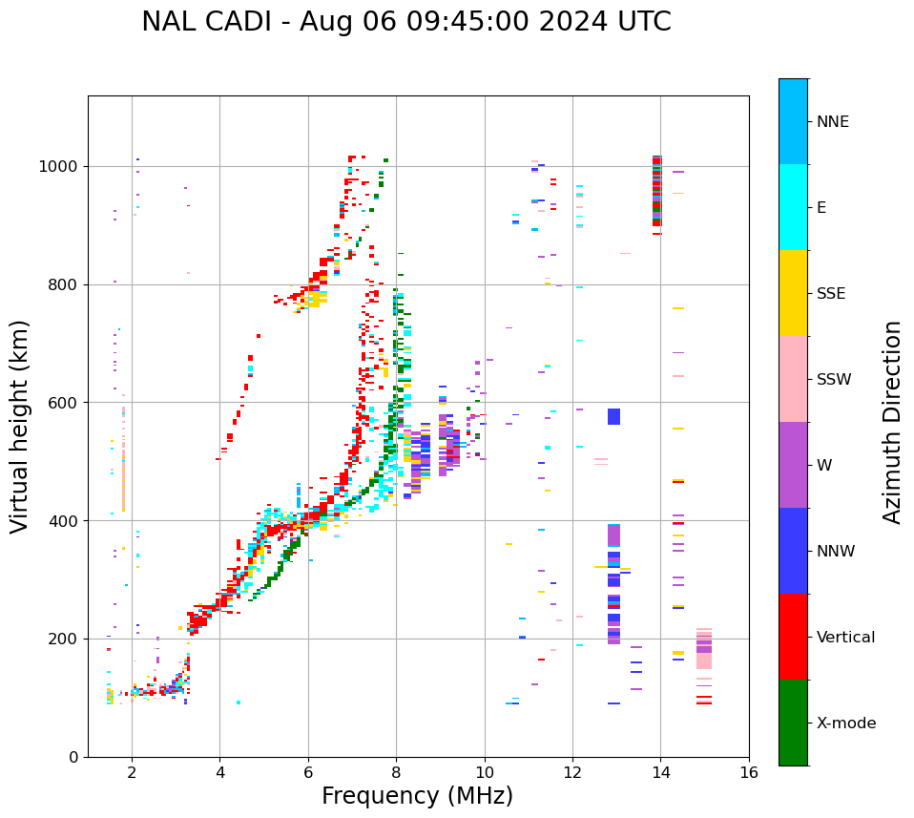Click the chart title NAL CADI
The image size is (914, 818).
[x=405, y=22]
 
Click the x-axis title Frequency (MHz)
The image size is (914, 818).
[x=417, y=796]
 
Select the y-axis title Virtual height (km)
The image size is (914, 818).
[x=20, y=426]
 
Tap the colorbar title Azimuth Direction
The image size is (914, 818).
[x=892, y=421]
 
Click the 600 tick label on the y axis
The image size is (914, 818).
[x=64, y=403]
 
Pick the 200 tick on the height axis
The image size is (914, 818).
[x=64, y=639]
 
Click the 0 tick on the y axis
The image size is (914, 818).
[x=73, y=757]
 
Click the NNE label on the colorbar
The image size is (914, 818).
[x=832, y=122]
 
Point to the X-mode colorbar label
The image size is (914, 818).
[x=845, y=724]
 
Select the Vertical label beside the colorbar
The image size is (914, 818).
[x=845, y=638]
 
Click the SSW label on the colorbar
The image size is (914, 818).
[x=834, y=380]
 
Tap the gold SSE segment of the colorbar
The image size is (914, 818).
[x=793, y=293]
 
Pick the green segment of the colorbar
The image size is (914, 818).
[x=793, y=723]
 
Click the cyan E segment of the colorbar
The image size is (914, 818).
[x=793, y=207]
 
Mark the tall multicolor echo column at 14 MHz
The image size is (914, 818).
[x=656, y=191]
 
